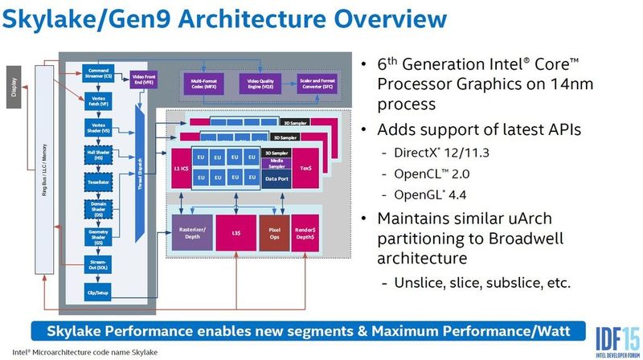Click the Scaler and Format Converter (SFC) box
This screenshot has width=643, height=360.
(x=317, y=84)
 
